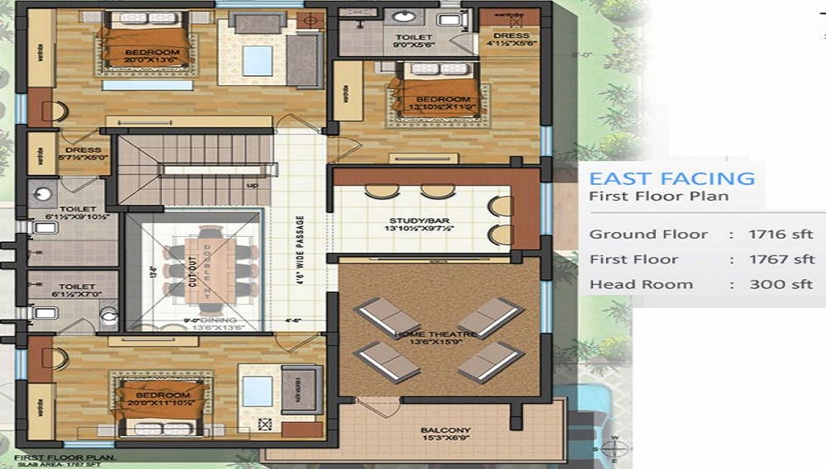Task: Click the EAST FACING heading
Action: (672, 178)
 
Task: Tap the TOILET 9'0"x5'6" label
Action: (407, 42)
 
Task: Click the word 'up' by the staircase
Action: (253, 185)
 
